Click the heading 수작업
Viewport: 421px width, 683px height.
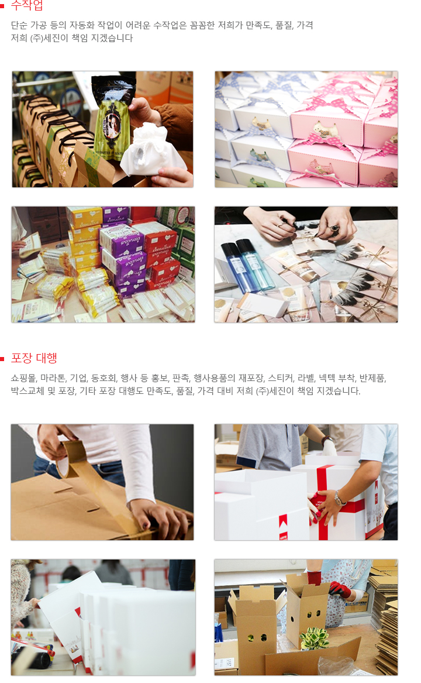(x=27, y=6)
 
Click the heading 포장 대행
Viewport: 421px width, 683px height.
(x=34, y=358)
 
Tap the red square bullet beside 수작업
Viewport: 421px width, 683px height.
(x=3, y=7)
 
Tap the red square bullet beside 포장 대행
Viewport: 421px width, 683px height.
(x=3, y=359)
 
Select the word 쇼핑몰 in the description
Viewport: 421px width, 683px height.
(x=23, y=377)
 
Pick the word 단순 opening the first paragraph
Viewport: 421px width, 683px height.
(x=19, y=25)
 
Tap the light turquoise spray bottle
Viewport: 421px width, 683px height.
(x=256, y=265)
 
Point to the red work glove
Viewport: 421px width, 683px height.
(x=339, y=589)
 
